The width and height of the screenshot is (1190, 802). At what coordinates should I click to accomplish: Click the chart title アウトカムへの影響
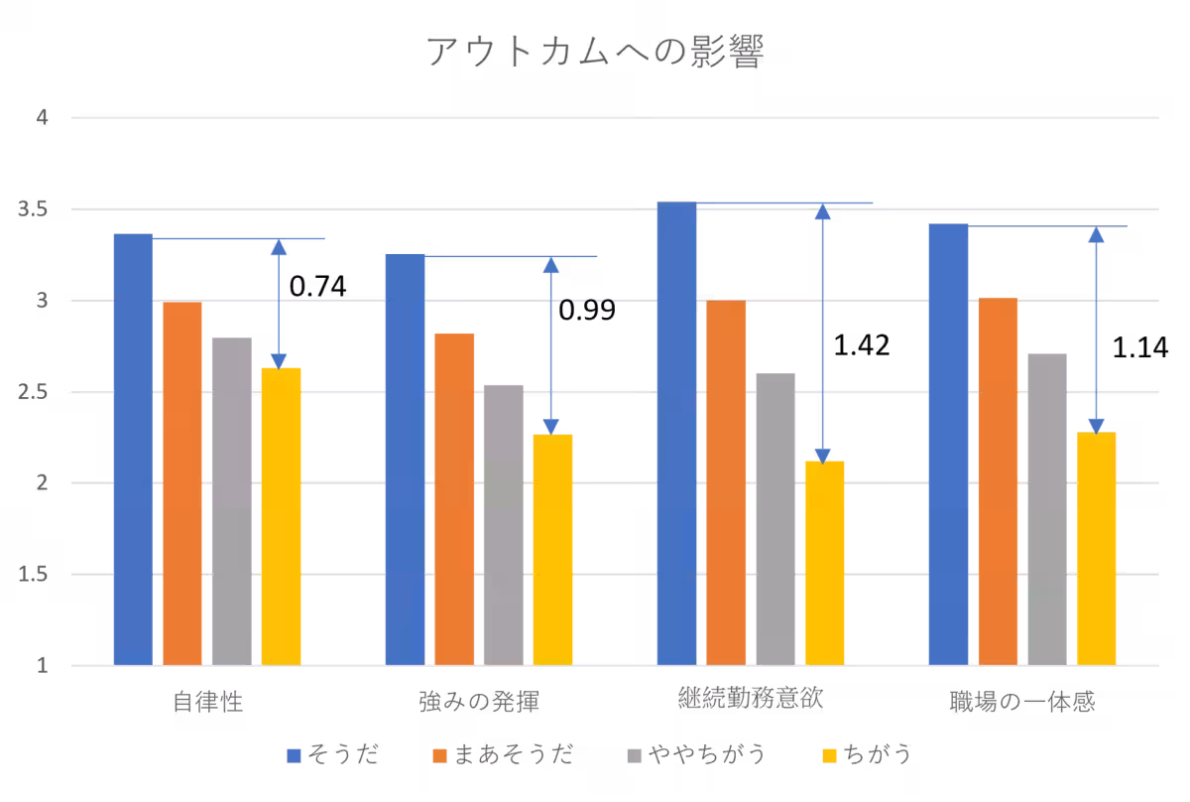click(x=595, y=53)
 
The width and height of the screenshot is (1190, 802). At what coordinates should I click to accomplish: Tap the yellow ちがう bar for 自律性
click(x=281, y=516)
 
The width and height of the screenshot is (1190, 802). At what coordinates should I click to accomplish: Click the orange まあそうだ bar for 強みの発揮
click(x=454, y=499)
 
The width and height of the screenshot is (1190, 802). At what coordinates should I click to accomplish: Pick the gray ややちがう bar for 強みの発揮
click(x=504, y=524)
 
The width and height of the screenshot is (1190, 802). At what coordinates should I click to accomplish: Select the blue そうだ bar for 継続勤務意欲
click(x=676, y=433)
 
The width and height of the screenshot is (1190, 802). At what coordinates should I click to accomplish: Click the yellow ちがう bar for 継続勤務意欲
click(x=824, y=563)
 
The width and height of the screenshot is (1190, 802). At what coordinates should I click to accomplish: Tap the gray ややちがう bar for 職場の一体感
click(x=1047, y=509)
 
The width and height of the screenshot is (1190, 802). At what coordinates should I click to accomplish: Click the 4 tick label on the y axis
click(x=43, y=118)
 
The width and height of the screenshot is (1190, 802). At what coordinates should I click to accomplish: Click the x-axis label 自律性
click(x=207, y=703)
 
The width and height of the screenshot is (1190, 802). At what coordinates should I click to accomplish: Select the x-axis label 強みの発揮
click(x=479, y=703)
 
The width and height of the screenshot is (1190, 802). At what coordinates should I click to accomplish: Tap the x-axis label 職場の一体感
click(x=1021, y=703)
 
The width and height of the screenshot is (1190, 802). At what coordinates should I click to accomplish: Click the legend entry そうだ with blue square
click(x=332, y=755)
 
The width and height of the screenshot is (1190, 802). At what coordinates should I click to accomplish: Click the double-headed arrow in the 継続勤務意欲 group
click(x=822, y=334)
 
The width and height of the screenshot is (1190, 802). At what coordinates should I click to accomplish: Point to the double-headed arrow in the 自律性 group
click(x=279, y=304)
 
